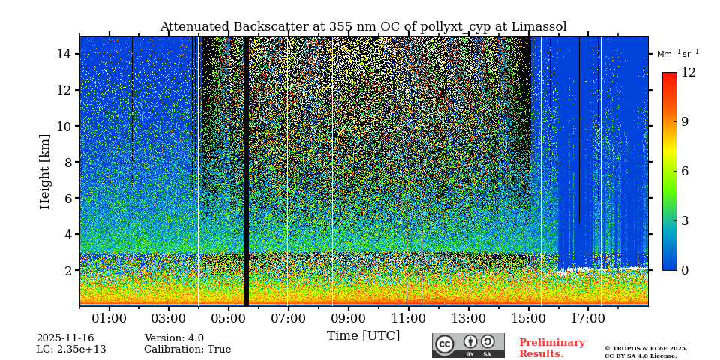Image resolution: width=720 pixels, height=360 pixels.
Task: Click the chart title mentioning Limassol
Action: pyautogui.click(x=363, y=27)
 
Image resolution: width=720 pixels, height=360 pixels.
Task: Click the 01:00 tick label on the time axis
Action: pyautogui.click(x=109, y=319)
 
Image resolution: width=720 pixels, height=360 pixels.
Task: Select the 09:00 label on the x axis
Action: pyautogui.click(x=348, y=319)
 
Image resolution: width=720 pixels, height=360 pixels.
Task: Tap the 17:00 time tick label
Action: pyautogui.click(x=587, y=319)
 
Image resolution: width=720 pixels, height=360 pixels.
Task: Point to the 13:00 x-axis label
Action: pyautogui.click(x=468, y=319)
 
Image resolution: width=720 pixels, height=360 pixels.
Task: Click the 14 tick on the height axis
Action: pyautogui.click(x=64, y=54)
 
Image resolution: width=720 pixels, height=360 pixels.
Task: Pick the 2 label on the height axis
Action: pyautogui.click(x=67, y=270)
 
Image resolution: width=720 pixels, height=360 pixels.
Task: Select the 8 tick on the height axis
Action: pyautogui.click(x=67, y=162)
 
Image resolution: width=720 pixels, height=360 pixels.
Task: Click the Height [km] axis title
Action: pyautogui.click(x=45, y=171)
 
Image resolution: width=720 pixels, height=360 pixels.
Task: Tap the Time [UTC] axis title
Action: pyautogui.click(x=363, y=336)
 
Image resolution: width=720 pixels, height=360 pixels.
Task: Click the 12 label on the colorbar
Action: pyautogui.click(x=688, y=73)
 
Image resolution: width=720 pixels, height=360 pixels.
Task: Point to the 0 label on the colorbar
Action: pyautogui.click(x=685, y=270)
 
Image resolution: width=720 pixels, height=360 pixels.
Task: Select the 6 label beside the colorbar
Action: pyautogui.click(x=685, y=171)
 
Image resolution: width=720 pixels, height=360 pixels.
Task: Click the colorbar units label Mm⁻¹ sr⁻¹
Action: pyautogui.click(x=677, y=54)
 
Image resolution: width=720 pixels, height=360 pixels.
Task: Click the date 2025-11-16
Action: pyautogui.click(x=65, y=338)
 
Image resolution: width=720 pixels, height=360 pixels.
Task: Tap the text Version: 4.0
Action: pyautogui.click(x=174, y=338)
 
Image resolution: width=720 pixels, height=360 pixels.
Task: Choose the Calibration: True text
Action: pyautogui.click(x=187, y=349)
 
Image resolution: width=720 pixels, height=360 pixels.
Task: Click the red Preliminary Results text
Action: pyautogui.click(x=551, y=348)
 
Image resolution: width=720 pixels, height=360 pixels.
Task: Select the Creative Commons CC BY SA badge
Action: pyautogui.click(x=468, y=345)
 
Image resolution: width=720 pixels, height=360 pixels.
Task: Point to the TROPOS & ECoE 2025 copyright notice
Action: pyautogui.click(x=646, y=348)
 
